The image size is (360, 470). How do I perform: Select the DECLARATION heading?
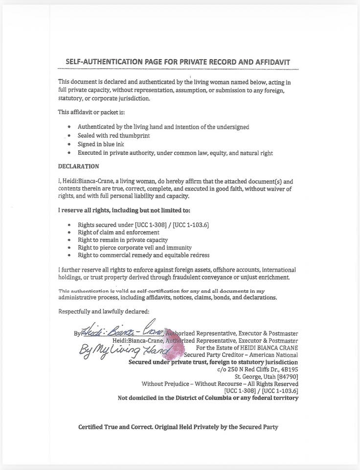(78, 166)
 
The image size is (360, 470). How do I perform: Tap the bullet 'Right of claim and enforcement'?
(118, 233)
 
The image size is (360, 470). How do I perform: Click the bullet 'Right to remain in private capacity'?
(123, 240)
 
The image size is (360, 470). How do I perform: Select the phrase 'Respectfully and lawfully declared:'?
(104, 311)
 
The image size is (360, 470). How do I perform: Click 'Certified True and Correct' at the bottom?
(116, 427)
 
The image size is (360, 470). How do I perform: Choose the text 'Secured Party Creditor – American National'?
(241, 355)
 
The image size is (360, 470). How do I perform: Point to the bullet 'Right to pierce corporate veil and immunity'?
(135, 248)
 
